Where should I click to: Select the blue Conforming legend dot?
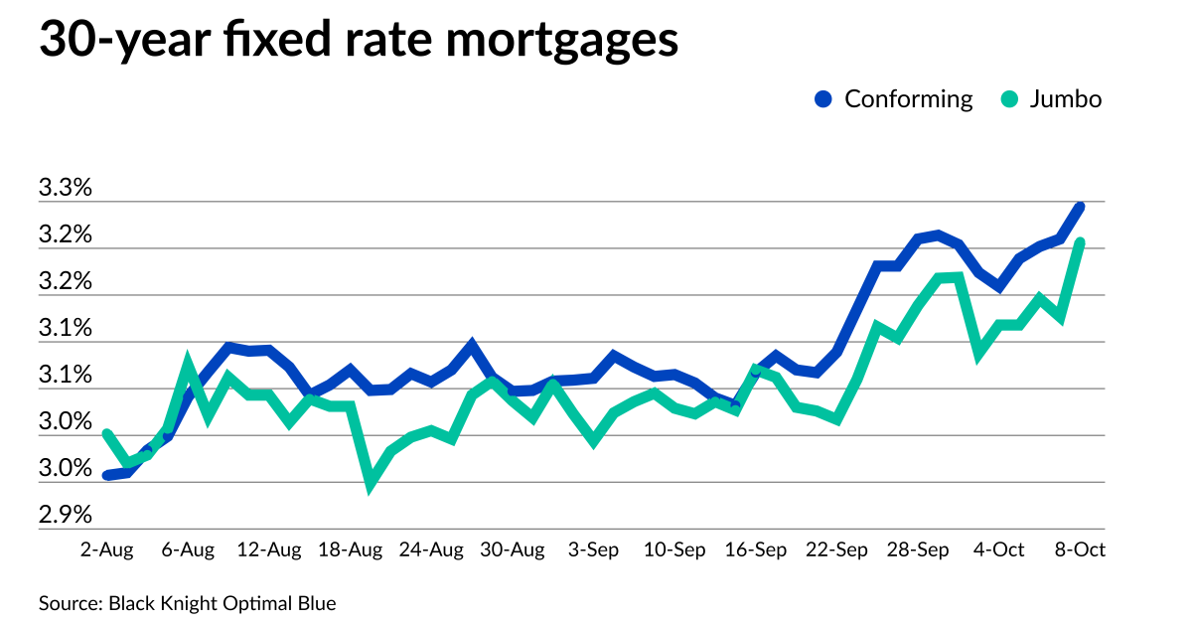pos(822,99)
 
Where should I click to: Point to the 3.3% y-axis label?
pos(65,189)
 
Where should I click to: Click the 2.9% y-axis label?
pos(65,515)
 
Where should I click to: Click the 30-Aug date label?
pos(514,549)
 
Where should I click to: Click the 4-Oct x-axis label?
pos(998,549)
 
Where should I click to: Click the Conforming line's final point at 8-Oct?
pos(1080,206)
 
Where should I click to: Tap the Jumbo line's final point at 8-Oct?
pos(1080,242)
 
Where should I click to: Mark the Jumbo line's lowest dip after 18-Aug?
pos(371,484)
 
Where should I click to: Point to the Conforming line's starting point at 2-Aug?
pos(107,475)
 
